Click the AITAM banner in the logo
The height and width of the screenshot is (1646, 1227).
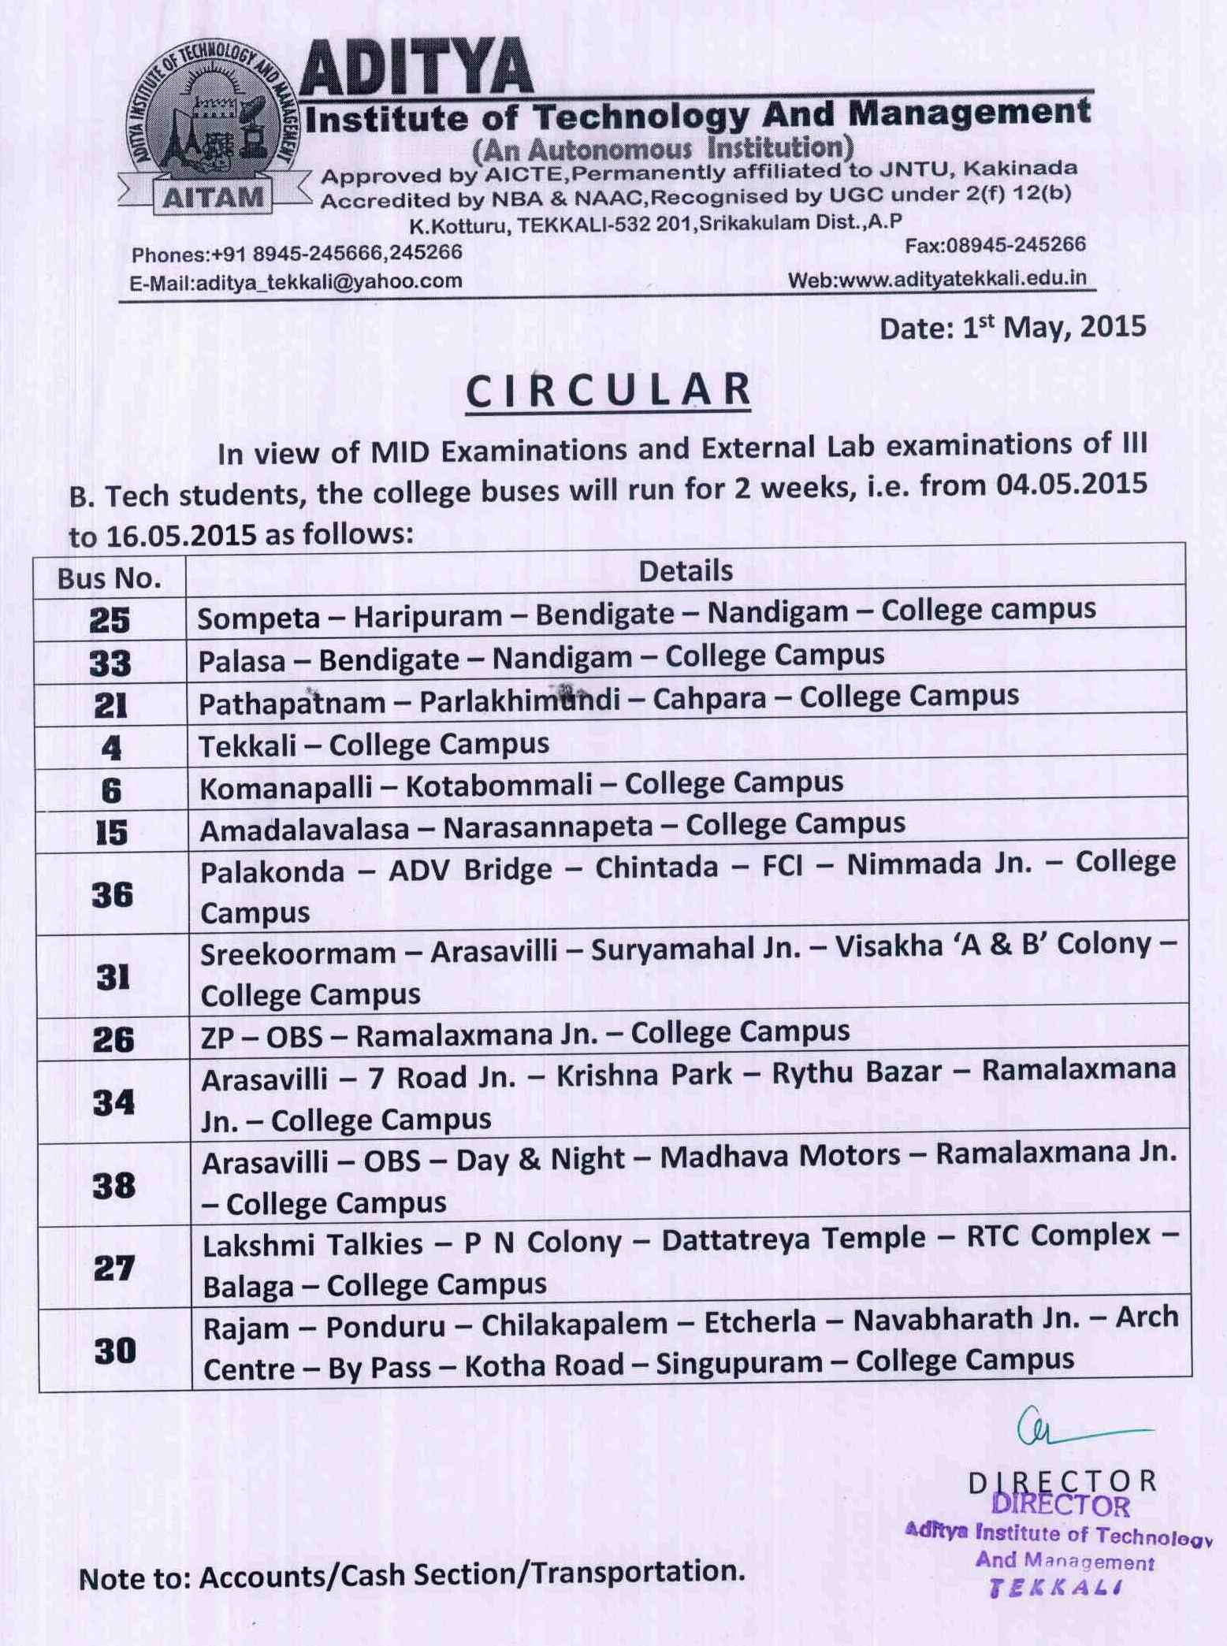coord(213,197)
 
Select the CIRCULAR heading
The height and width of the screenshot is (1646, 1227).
coord(608,389)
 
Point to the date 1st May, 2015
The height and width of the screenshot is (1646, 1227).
coord(1013,327)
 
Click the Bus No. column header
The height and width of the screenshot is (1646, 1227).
coord(109,579)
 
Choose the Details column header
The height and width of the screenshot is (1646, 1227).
coord(686,570)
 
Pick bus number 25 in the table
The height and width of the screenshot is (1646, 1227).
coord(110,621)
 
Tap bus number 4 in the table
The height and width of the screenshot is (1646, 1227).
coord(111,747)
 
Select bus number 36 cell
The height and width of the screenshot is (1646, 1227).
coord(112,894)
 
